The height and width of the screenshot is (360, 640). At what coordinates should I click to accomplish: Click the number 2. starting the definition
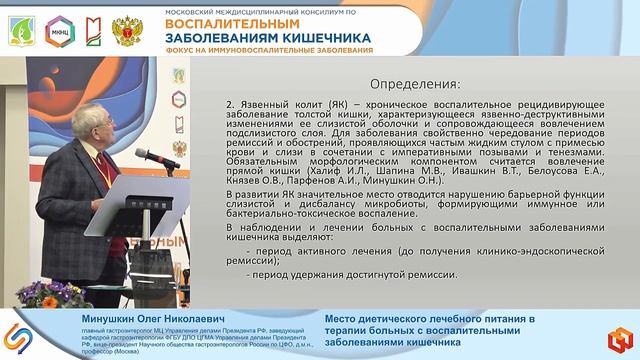[231, 104]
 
